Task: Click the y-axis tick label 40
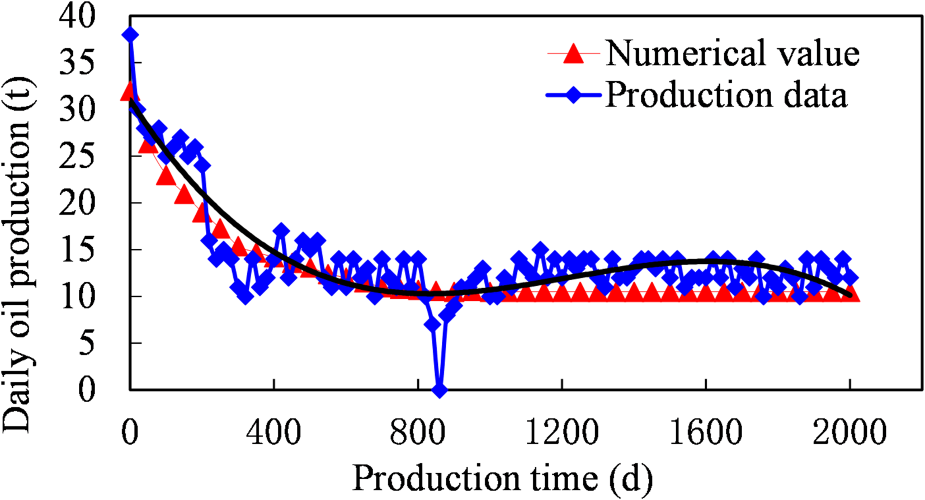point(77,17)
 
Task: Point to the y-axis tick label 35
point(77,63)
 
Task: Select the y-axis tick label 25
point(77,156)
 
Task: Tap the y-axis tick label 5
point(86,343)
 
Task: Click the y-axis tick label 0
point(86,389)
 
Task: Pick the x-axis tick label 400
point(273,432)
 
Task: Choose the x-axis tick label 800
point(418,432)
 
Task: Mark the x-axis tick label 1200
point(561,432)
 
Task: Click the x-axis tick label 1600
point(706,432)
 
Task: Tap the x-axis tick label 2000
point(850,432)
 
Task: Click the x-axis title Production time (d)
point(502,479)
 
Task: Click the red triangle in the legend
point(573,54)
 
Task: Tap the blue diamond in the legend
point(574,96)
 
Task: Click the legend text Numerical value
point(732,54)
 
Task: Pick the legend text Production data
point(726,95)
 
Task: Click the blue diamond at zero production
point(440,390)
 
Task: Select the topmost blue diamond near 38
point(130,35)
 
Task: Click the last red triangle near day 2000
point(851,294)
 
